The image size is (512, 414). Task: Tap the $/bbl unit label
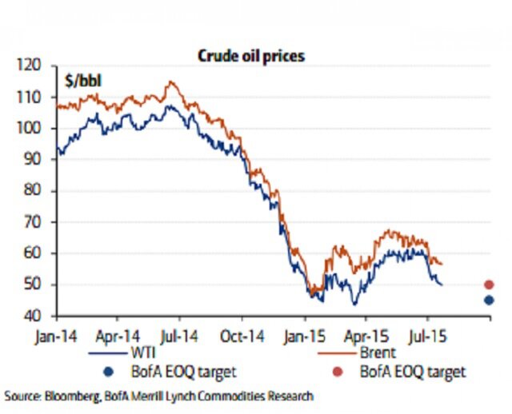pyautogui.click(x=82, y=79)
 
